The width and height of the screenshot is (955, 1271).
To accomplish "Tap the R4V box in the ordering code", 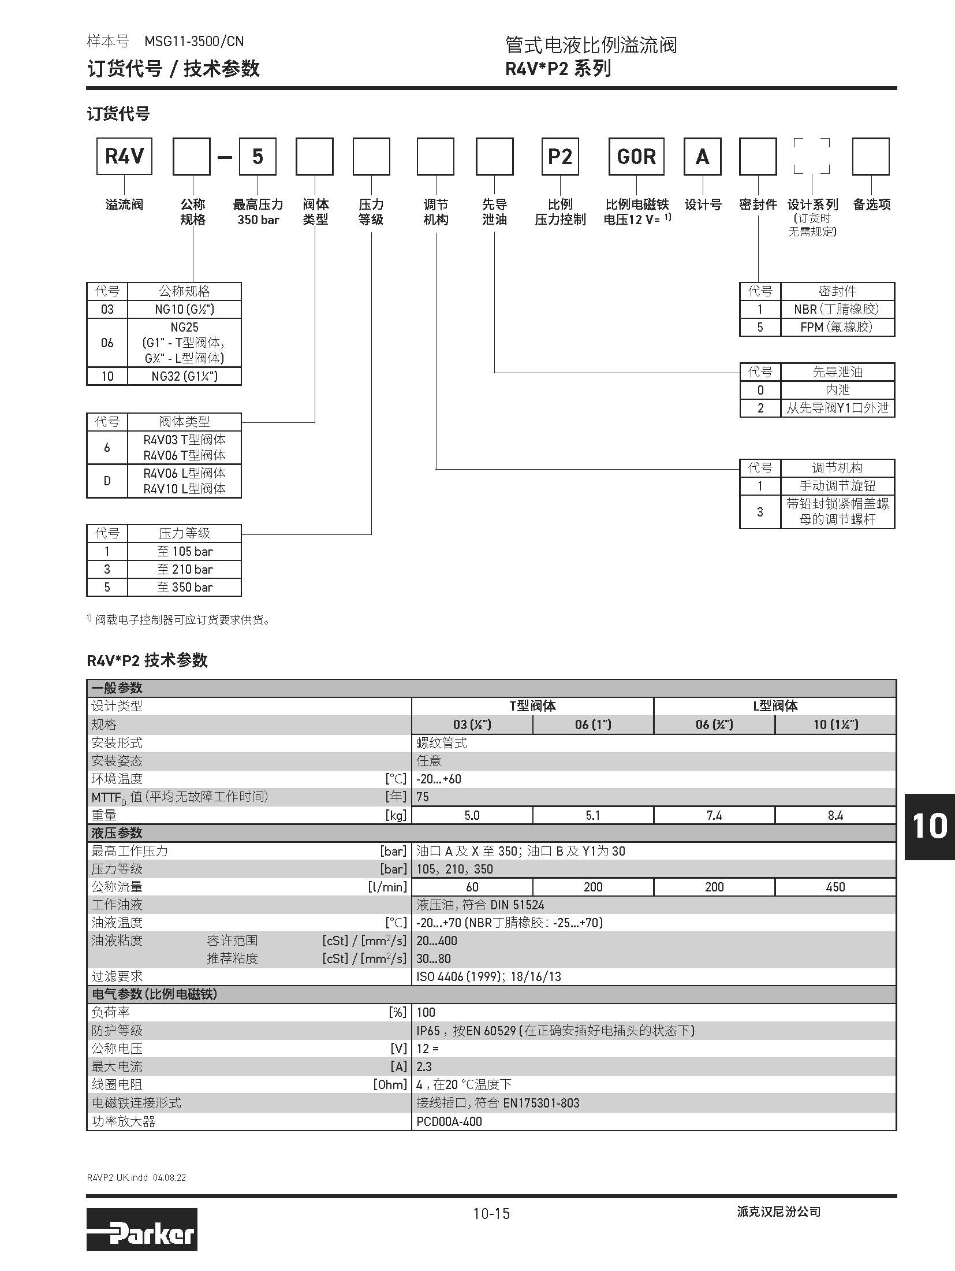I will click(x=124, y=156).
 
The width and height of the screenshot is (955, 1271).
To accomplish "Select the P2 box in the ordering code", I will click(x=559, y=156).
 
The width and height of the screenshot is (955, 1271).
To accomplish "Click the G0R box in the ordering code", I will click(x=636, y=156).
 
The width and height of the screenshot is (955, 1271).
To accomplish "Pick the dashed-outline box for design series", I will click(x=811, y=156).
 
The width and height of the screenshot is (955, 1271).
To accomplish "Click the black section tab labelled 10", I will click(x=929, y=827).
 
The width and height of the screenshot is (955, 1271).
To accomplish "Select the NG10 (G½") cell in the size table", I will click(x=184, y=309).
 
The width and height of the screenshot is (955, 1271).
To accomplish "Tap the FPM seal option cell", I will click(x=837, y=327).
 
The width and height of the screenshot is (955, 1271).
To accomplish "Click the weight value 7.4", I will click(x=714, y=815).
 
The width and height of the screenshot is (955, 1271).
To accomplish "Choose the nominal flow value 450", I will click(x=835, y=887).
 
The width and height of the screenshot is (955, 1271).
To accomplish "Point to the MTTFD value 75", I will click(x=423, y=797).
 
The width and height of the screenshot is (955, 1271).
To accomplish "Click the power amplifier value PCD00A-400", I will click(x=449, y=1121).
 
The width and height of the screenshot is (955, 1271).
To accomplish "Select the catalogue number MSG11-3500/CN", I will click(x=194, y=42).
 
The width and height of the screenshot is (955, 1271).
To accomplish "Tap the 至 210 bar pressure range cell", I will click(x=184, y=569).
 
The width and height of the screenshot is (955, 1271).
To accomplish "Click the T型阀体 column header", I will click(x=532, y=706).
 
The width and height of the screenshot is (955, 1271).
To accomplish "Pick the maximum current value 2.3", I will click(x=424, y=1066).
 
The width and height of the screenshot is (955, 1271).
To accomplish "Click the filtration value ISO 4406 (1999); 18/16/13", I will click(x=488, y=976).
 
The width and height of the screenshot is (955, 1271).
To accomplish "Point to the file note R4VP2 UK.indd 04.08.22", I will click(x=136, y=1177).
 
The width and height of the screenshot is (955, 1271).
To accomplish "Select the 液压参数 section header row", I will click(x=491, y=833).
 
